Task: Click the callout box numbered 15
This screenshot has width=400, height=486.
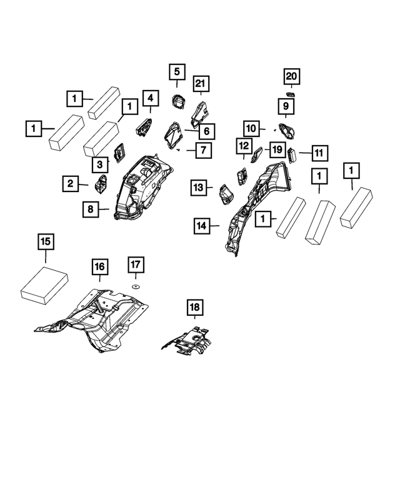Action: tap(46, 241)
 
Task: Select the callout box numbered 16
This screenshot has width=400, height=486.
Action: tap(99, 267)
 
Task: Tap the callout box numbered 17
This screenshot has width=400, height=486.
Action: tap(136, 265)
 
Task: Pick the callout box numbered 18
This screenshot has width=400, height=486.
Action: tap(194, 307)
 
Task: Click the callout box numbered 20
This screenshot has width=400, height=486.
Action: tap(291, 76)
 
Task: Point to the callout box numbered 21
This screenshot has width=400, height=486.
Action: tap(200, 84)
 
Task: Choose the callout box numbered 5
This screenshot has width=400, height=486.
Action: tap(176, 72)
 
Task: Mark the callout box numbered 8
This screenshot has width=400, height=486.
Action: tap(91, 209)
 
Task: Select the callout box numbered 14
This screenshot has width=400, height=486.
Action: tap(202, 225)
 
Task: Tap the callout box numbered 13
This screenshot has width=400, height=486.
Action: tap(198, 187)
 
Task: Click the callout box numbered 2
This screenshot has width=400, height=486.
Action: tap(71, 183)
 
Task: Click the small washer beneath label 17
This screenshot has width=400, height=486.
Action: tap(135, 285)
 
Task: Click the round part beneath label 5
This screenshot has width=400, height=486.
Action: tap(177, 100)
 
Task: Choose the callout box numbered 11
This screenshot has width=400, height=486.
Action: tap(319, 152)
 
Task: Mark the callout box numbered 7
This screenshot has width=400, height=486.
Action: tap(203, 150)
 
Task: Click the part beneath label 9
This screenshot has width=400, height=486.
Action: tap(287, 132)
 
